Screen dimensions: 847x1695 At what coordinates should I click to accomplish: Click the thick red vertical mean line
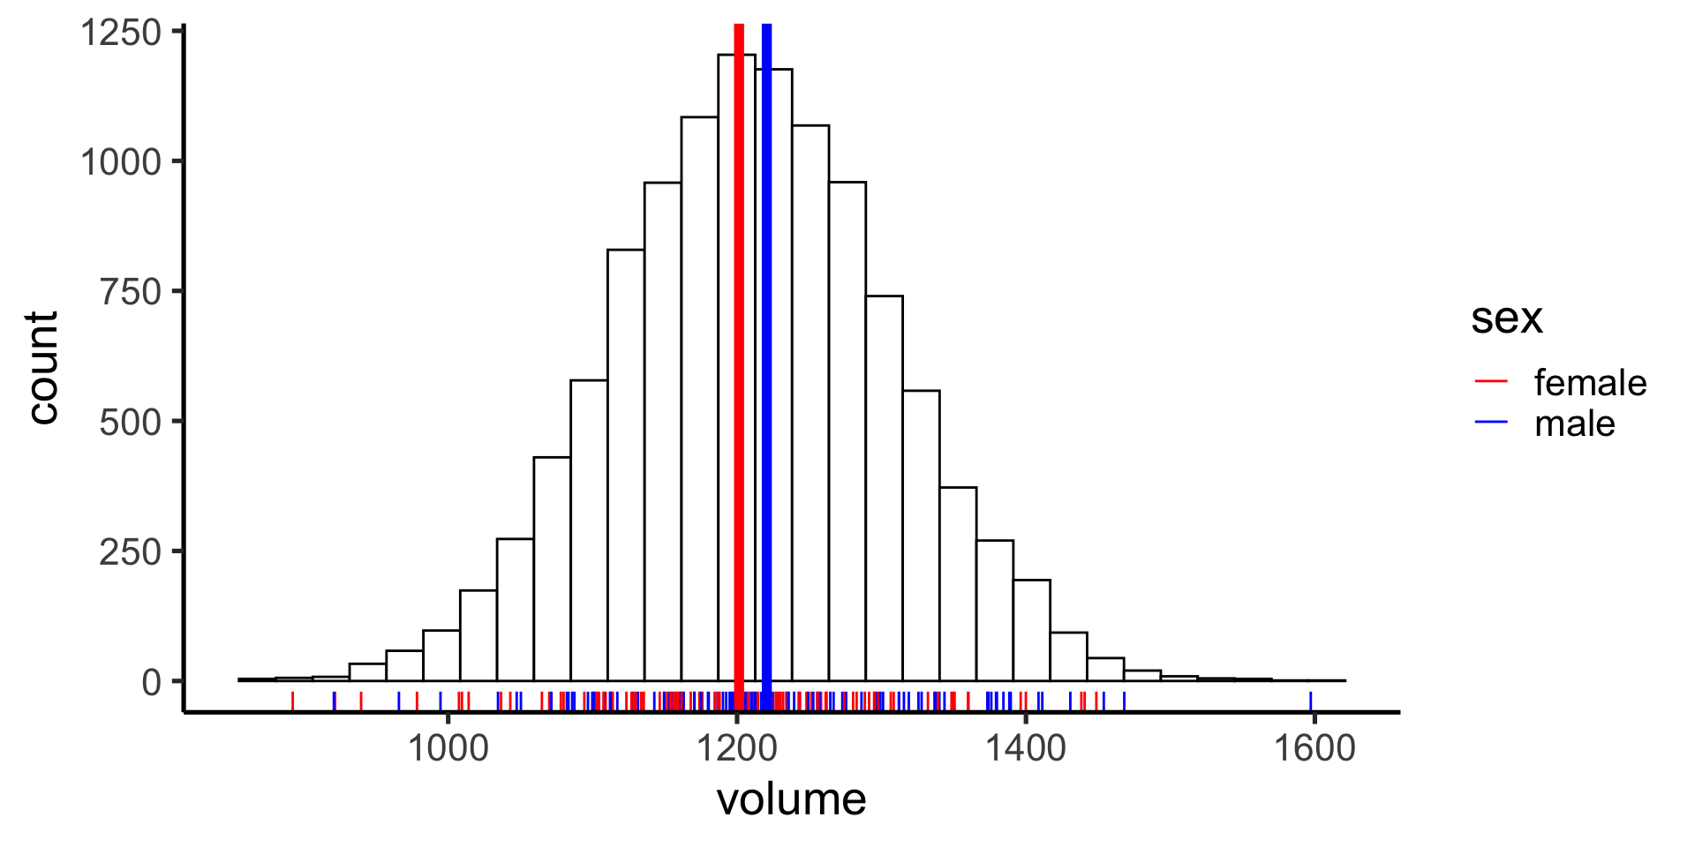[x=739, y=353]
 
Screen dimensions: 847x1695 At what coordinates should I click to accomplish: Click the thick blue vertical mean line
[x=766, y=353]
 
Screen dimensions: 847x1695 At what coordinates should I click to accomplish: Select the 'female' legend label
[x=1590, y=383]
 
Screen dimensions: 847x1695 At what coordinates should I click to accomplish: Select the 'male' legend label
[x=1575, y=424]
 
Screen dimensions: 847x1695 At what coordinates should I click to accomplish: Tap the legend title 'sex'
[x=1506, y=319]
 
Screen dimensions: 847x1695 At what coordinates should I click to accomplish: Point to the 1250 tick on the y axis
[x=122, y=33]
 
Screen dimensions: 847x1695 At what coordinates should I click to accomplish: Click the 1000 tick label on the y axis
[x=122, y=162]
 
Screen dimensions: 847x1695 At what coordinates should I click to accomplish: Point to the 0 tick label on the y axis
[x=152, y=682]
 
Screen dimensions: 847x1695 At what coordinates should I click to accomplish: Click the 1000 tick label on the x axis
[x=448, y=748]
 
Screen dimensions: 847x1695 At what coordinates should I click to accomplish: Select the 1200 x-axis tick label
[x=736, y=748]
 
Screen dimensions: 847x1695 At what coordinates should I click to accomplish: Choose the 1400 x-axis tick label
[x=1025, y=748]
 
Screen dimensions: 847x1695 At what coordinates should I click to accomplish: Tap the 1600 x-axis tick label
[x=1314, y=748]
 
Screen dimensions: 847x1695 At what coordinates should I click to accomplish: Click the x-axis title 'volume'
[x=791, y=799]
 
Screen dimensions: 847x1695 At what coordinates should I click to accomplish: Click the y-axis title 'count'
[x=42, y=368]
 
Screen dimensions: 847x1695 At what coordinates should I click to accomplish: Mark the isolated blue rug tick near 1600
[x=1310, y=701]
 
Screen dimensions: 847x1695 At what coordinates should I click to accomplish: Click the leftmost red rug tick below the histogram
[x=292, y=701]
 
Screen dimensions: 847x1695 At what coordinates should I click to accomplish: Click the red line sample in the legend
[x=1491, y=381]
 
